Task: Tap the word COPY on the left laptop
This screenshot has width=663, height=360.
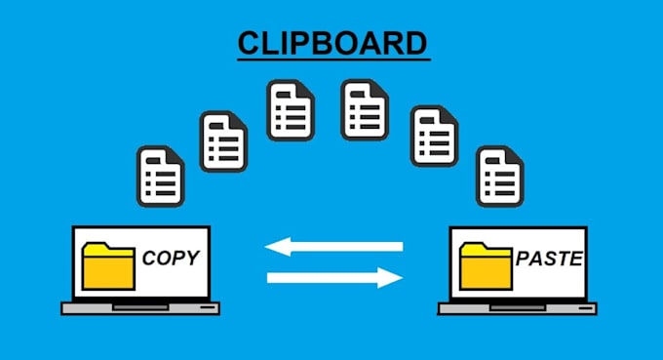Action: (x=171, y=259)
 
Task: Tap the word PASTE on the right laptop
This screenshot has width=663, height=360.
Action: (x=549, y=260)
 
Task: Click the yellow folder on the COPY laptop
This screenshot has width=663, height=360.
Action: (x=108, y=263)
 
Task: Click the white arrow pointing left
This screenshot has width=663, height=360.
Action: (x=334, y=247)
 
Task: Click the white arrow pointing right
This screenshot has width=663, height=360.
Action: (x=334, y=279)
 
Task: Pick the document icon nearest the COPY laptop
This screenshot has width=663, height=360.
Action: (x=160, y=176)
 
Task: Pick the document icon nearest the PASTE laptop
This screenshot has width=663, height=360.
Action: (x=500, y=176)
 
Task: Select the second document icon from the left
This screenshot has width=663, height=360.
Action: (x=223, y=140)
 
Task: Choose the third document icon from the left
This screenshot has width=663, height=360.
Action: (x=292, y=108)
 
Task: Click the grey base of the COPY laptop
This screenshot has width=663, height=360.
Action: (x=140, y=307)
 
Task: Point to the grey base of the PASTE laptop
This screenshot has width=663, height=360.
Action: (x=517, y=307)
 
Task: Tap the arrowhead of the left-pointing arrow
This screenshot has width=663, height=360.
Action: (x=276, y=247)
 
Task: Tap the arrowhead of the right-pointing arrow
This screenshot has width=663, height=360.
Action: (x=393, y=279)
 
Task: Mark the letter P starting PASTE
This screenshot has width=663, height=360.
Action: (x=522, y=260)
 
